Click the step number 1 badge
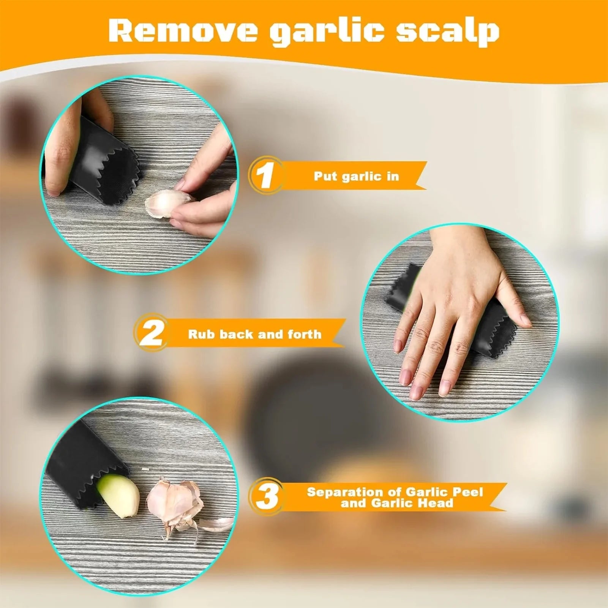(265, 175)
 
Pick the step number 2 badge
(151, 333)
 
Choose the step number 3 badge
(267, 497)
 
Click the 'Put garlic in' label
(356, 176)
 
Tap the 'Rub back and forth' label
(254, 334)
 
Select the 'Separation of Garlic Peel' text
(395, 492)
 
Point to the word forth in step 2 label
(304, 334)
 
